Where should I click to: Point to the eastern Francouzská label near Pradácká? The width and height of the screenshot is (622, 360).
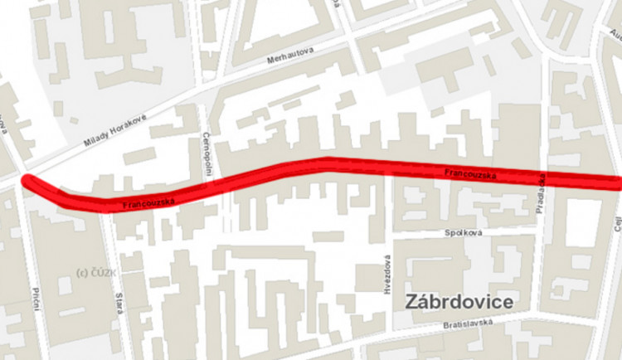[469, 175]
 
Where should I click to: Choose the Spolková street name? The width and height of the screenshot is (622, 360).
[464, 233]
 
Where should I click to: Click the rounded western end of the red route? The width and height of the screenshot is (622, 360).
[27, 181]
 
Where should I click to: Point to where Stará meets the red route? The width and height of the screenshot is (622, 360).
[107, 207]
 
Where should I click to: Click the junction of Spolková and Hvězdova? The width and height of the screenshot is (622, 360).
[388, 236]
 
